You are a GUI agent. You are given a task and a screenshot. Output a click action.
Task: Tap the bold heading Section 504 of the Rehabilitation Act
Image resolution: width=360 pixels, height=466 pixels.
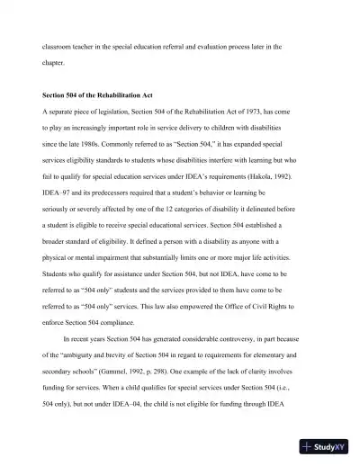click(105, 94)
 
